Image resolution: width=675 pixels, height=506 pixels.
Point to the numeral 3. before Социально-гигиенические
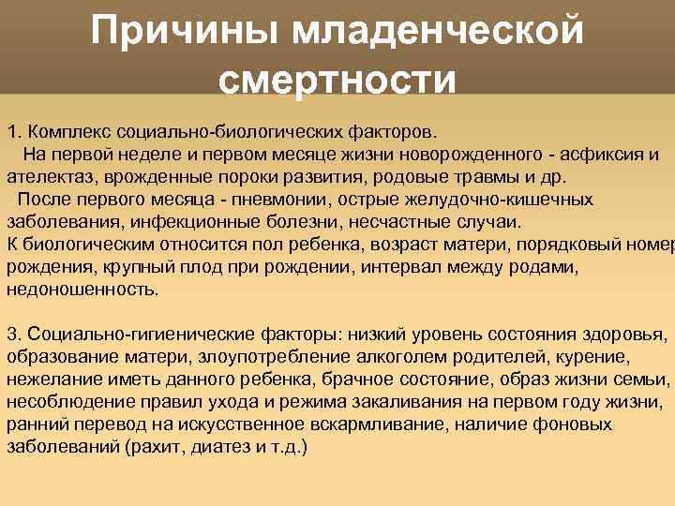tap(13, 335)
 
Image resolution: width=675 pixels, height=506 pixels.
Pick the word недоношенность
tap(82, 290)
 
